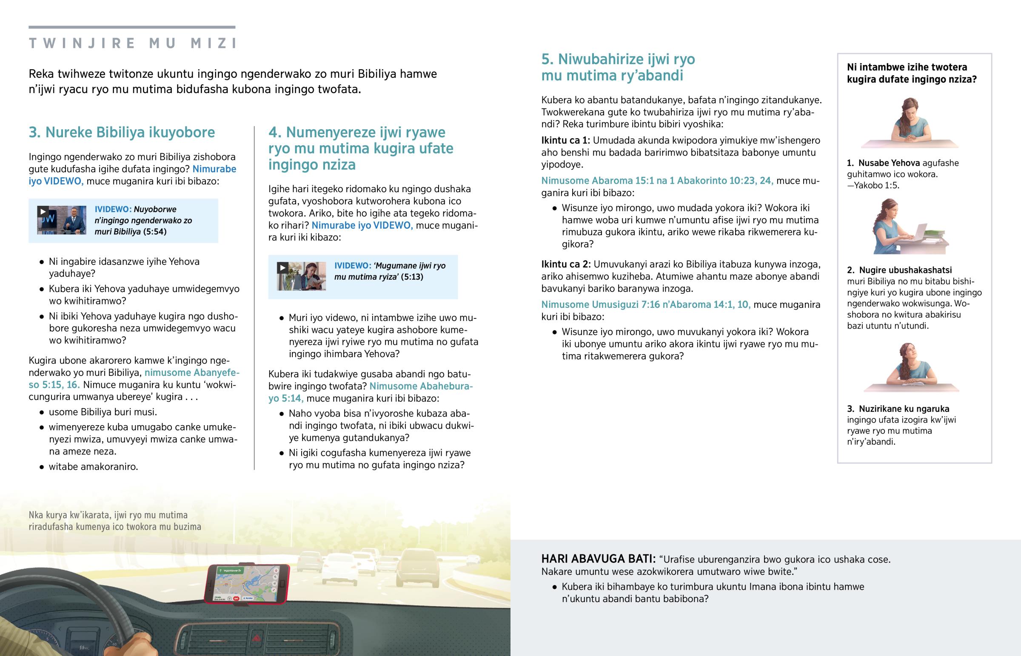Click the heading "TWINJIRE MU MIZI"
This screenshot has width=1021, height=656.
[133, 43]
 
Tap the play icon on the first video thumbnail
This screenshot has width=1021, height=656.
[43, 211]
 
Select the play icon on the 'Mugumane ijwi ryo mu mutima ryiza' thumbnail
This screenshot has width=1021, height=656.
[282, 267]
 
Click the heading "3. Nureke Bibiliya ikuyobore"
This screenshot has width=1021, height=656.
[122, 132]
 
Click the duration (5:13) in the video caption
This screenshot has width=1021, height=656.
[412, 277]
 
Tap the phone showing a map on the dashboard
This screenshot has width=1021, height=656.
[247, 584]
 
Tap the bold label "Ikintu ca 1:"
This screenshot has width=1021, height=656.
[565, 141]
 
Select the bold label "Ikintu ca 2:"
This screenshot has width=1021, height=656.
[566, 264]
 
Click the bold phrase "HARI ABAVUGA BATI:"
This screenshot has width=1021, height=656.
[598, 559]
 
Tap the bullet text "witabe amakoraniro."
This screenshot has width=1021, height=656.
[93, 467]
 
